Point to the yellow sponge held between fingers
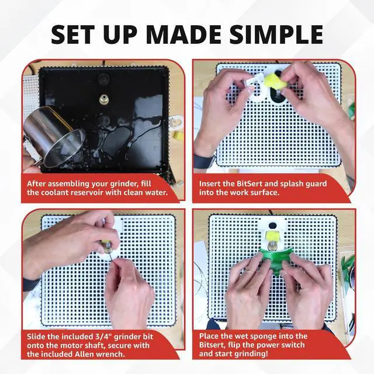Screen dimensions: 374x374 (272, 81)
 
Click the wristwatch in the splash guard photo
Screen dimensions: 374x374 (202, 161)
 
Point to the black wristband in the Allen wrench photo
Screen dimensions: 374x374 (30, 285)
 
